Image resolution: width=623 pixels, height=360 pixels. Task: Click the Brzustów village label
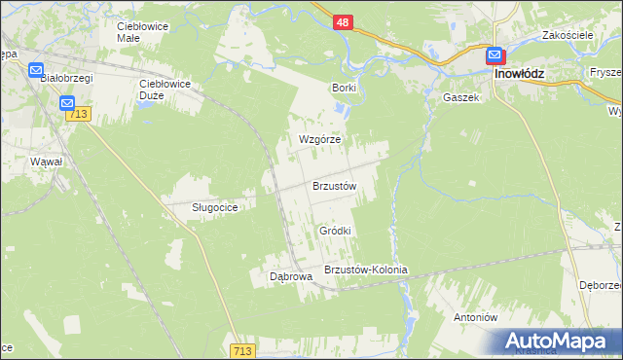pos(335,186)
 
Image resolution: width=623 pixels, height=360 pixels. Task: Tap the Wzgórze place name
pos(318,139)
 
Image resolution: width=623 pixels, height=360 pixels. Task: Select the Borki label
pos(344,88)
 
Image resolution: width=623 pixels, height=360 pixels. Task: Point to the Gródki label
pos(334,231)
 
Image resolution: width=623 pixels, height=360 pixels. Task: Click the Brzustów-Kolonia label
pos(365,270)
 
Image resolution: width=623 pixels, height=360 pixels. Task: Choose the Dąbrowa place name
pos(290,276)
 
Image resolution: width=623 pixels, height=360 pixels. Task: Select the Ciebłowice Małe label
pos(142,32)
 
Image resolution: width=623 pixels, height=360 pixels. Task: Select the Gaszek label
pos(461,97)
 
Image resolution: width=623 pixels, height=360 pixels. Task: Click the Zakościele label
pos(569,36)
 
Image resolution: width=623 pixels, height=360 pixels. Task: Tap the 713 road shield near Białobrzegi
pos(79,115)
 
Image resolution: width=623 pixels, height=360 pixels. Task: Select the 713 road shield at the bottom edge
pos(244,349)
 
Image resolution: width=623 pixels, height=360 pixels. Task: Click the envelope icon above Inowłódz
pos(495,55)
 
